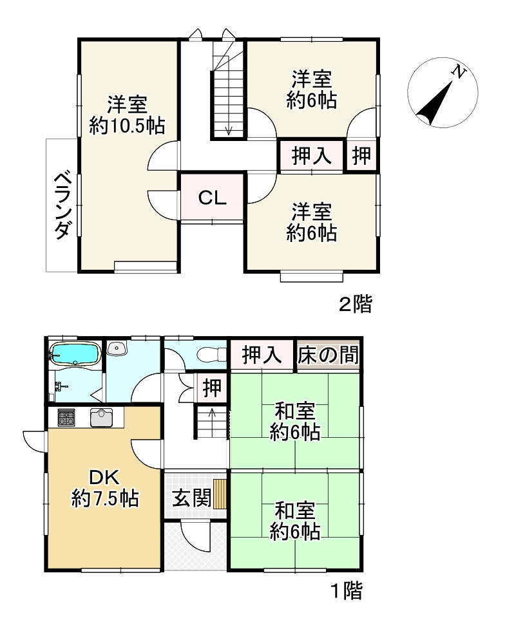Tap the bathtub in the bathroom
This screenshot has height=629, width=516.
click(74, 353)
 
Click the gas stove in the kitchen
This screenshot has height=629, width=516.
click(67, 418)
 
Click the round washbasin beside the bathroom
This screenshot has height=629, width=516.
click(117, 348)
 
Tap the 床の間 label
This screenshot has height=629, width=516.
click(328, 355)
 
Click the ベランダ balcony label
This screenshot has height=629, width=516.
click(61, 204)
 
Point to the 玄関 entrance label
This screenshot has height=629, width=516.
click(191, 498)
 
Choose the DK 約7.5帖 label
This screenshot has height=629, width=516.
click(104, 488)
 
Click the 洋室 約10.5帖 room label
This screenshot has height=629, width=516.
click(127, 115)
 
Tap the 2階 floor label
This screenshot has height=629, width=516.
click(356, 304)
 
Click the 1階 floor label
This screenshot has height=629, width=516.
click(347, 590)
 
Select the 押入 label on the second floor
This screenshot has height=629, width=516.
click(312, 156)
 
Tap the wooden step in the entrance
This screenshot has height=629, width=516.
click(220, 494)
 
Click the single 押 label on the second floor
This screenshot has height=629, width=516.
click(362, 156)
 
